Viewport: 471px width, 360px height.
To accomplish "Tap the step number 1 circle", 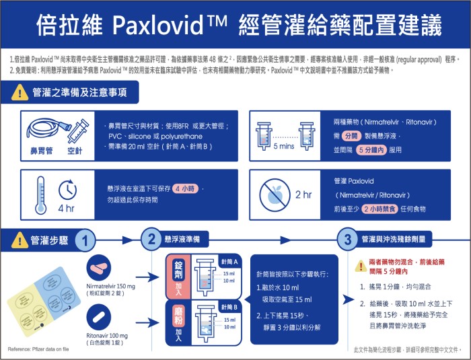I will (x=84, y=240).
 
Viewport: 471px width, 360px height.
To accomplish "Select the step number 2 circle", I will (x=150, y=240).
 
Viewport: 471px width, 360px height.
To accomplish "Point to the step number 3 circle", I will (x=347, y=240).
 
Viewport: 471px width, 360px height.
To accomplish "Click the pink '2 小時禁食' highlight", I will (x=381, y=209).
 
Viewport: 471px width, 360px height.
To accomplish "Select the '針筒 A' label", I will (x=230, y=260).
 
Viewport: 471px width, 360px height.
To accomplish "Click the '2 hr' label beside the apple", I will (x=303, y=195).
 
